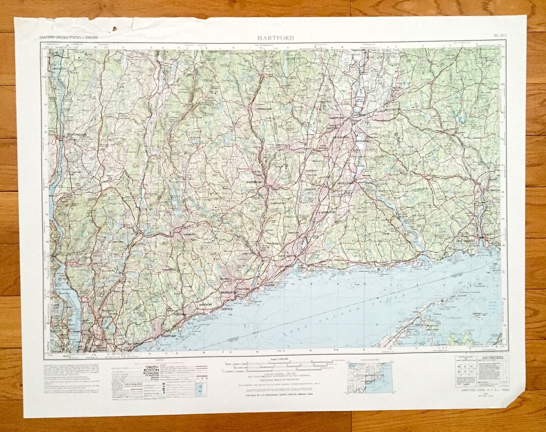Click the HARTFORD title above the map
(x=275, y=38)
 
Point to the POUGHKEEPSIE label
(x=73, y=135)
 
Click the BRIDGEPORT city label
(x=229, y=293)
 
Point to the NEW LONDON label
(x=466, y=241)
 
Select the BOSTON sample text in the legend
(x=152, y=370)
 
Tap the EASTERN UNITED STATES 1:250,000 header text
(x=69, y=38)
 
